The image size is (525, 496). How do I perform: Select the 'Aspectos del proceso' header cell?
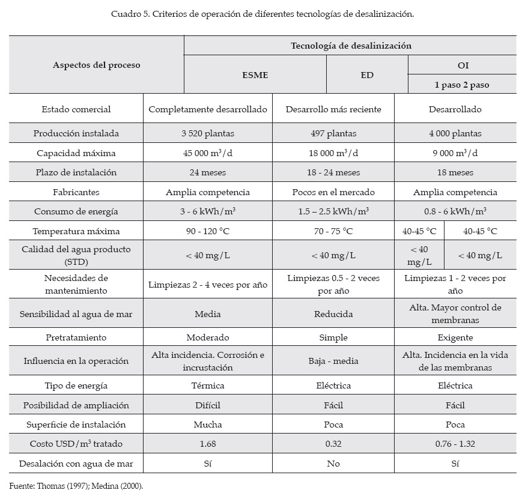coord(97,65)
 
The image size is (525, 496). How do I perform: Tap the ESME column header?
coord(255,75)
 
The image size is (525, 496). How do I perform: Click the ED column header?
coord(367,75)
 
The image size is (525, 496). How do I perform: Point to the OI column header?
coord(462,65)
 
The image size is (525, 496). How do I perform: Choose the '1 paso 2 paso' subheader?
coord(462,85)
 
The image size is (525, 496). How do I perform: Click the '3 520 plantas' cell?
coord(208,133)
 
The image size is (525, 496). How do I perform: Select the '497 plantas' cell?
coord(333,133)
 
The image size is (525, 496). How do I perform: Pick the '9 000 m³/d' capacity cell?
coord(455,153)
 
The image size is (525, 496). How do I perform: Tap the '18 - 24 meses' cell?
coord(333,172)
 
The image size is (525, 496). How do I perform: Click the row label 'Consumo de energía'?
coord(76,211)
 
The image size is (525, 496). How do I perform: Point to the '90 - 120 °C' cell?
coord(208,231)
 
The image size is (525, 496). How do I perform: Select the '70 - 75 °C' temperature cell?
coord(333,231)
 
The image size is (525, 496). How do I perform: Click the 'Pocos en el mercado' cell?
coord(333,192)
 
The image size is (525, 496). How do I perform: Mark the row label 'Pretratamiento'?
coord(76,337)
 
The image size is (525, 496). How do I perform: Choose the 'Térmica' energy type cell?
coord(208,386)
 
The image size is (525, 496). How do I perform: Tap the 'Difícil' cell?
coord(208,405)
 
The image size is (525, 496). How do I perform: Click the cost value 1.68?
coord(208,444)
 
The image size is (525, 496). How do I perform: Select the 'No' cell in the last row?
coord(333,464)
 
